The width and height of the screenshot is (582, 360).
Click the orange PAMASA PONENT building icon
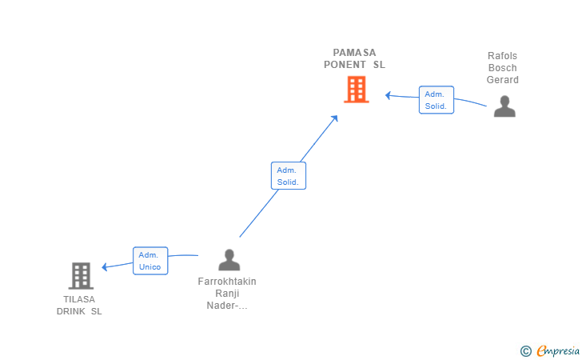coord(357,89)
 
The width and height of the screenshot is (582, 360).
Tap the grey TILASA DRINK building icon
coord(81,276)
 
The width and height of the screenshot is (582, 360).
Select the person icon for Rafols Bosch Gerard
coord(504,106)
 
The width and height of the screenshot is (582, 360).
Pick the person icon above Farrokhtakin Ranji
coord(229,260)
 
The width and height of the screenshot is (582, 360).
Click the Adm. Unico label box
coord(150,261)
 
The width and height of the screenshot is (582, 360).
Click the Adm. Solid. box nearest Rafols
coord(436,100)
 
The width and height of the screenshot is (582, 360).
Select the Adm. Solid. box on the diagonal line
coord(288,176)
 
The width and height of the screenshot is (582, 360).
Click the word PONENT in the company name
coord(345,65)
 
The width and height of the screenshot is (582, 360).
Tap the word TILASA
coord(79,299)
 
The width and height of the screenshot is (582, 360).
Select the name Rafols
coord(503,56)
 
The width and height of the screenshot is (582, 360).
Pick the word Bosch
coord(503,68)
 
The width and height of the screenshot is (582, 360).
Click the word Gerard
coord(503,80)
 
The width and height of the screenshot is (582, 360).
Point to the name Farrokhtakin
coord(227,282)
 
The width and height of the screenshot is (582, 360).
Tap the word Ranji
coord(227,294)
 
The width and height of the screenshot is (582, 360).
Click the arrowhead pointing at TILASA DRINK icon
coord(106,267)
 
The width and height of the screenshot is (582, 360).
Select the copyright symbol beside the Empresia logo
coord(525,350)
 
